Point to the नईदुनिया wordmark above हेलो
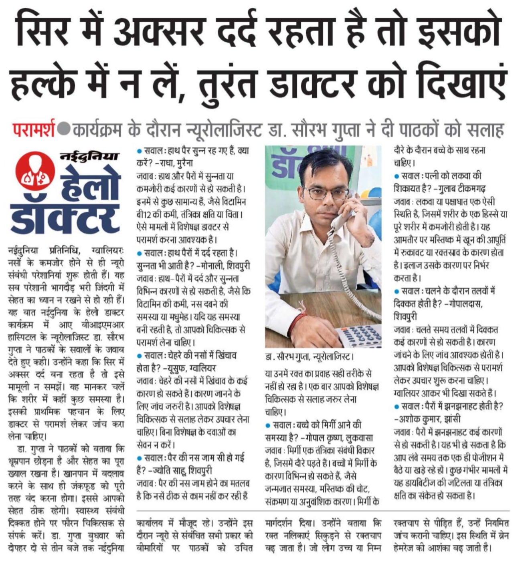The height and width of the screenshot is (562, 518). click(89, 157)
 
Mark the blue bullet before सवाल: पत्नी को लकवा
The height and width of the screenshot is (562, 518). click(397, 176)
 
